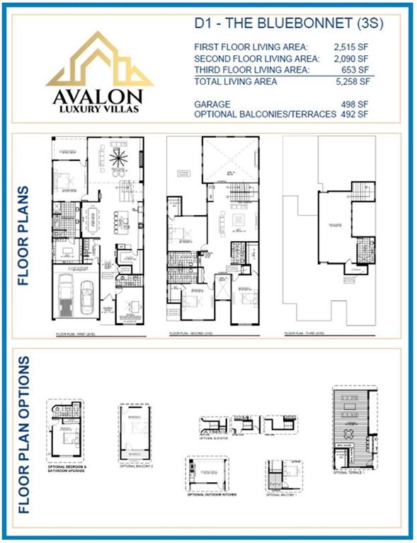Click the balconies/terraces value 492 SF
360,115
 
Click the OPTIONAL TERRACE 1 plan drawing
352,427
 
